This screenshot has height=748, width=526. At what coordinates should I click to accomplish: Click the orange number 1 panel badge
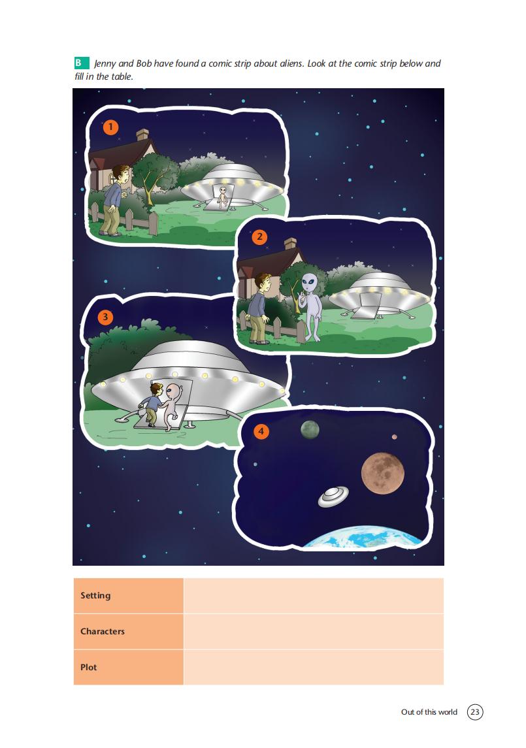[110, 127]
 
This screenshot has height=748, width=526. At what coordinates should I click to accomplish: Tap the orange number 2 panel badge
[259, 236]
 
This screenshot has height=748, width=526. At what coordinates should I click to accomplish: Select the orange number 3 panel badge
[105, 317]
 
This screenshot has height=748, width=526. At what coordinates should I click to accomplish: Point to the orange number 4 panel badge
[261, 432]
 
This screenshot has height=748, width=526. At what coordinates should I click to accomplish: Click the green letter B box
[82, 63]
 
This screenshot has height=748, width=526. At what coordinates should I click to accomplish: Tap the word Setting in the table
[95, 595]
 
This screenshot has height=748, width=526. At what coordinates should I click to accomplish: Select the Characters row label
[103, 631]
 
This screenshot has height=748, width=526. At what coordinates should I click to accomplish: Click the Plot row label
[88, 667]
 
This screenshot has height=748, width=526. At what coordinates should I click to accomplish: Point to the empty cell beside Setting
[314, 595]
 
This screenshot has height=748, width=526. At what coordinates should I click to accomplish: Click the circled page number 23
[475, 712]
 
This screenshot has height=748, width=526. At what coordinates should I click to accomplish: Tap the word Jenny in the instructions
[105, 63]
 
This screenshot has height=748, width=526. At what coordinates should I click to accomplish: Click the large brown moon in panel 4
[383, 473]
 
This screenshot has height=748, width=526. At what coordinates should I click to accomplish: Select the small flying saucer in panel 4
[333, 496]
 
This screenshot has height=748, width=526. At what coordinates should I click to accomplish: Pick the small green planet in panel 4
[310, 430]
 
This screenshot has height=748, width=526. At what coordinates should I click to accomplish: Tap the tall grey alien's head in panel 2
[308, 284]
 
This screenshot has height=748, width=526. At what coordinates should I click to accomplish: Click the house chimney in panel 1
[142, 135]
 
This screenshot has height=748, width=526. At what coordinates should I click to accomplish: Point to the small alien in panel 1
[222, 196]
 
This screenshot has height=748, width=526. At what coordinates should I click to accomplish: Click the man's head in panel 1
[122, 175]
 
